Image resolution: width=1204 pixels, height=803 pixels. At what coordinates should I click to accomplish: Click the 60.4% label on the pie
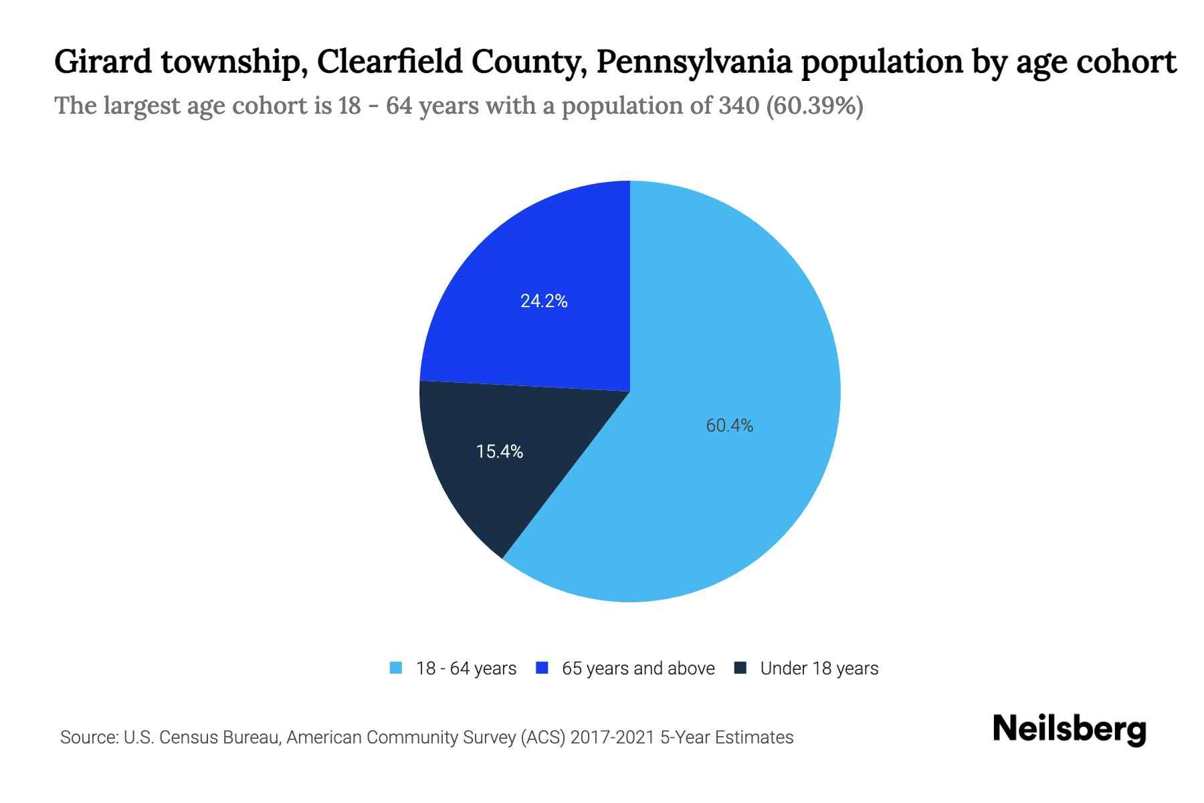729,426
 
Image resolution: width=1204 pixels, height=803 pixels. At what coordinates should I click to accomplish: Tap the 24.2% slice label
544,301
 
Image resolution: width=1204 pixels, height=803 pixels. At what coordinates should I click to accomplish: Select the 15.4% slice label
500,452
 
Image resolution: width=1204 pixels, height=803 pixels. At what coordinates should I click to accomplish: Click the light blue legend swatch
396,668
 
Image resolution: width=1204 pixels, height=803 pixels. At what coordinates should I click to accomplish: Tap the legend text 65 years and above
638,668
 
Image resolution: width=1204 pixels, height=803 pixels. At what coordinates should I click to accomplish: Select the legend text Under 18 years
819,668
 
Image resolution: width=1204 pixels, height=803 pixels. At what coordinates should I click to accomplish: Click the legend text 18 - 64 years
466,668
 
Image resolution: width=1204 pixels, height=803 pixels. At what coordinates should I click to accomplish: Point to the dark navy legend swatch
740,668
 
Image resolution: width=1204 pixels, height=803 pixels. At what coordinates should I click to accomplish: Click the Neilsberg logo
1070,729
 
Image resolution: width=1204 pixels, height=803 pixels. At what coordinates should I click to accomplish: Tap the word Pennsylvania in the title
694,62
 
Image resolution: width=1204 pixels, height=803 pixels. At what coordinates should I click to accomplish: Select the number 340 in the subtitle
738,106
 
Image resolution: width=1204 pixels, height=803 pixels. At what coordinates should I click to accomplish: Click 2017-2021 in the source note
613,737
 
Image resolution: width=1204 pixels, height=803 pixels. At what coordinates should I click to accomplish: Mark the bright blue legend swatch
542,668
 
